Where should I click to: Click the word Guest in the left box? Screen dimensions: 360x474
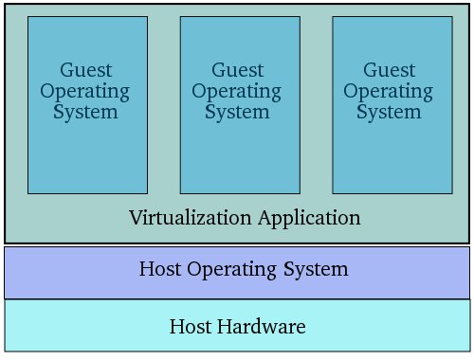click(x=86, y=70)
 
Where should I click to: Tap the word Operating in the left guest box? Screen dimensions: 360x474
click(x=86, y=91)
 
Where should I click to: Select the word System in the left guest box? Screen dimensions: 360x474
click(x=86, y=112)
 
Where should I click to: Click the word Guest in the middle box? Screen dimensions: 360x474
click(x=238, y=70)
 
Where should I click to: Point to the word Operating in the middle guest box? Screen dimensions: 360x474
click(x=238, y=91)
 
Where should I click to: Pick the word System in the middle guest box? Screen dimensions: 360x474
click(x=238, y=112)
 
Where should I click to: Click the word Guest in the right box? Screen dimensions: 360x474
click(x=390, y=70)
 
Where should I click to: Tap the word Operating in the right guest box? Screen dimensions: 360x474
click(x=390, y=91)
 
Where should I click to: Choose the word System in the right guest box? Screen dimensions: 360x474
click(x=390, y=112)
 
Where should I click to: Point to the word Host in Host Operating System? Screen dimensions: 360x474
click(x=160, y=269)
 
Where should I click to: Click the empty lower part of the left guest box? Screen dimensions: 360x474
click(x=86, y=161)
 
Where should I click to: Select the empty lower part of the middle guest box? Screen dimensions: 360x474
click(x=238, y=161)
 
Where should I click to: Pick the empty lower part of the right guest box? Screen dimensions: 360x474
click(x=390, y=161)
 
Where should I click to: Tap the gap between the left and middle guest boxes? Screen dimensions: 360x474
click(x=163, y=104)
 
